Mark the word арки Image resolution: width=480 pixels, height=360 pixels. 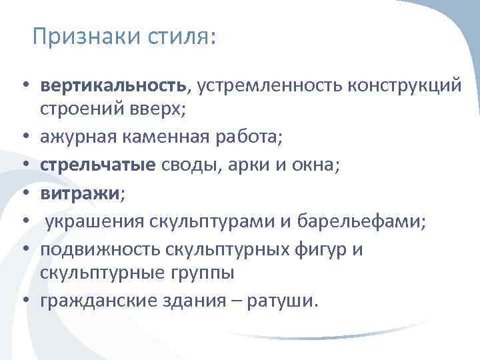[x=233, y=166]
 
